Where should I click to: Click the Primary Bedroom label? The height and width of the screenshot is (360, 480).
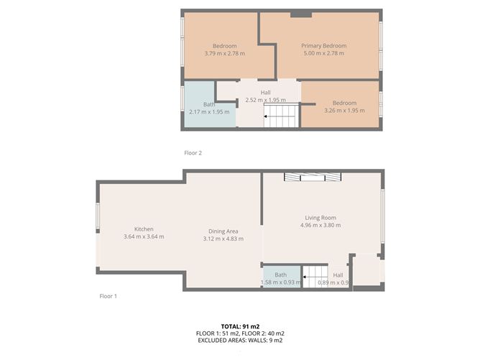(324, 45)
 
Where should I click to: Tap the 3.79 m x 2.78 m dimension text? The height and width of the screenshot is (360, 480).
(225, 53)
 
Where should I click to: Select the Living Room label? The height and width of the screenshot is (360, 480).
(320, 218)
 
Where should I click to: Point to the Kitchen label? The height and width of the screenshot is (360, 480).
(144, 229)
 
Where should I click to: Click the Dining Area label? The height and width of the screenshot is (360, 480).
(223, 231)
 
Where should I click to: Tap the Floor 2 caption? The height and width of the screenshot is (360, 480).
(193, 153)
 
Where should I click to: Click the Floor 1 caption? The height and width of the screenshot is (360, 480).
(108, 296)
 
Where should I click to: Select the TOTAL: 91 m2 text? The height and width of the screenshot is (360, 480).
(240, 326)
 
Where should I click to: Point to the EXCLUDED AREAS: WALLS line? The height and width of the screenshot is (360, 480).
(240, 340)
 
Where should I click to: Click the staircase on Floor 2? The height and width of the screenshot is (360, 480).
(281, 115)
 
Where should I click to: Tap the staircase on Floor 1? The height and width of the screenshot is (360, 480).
(315, 277)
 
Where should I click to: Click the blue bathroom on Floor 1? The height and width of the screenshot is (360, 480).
(282, 277)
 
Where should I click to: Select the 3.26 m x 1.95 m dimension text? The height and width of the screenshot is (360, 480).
(344, 111)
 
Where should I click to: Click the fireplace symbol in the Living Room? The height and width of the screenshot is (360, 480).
(313, 177)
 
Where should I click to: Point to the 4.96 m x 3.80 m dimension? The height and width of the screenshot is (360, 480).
(320, 225)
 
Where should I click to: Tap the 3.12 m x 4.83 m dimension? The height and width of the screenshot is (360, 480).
(223, 239)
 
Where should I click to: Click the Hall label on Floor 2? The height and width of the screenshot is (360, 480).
(265, 93)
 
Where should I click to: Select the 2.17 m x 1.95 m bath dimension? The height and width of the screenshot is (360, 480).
(209, 112)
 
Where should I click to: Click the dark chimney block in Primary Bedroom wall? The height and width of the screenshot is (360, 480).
(301, 14)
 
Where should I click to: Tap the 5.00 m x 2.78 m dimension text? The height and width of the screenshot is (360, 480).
(324, 53)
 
